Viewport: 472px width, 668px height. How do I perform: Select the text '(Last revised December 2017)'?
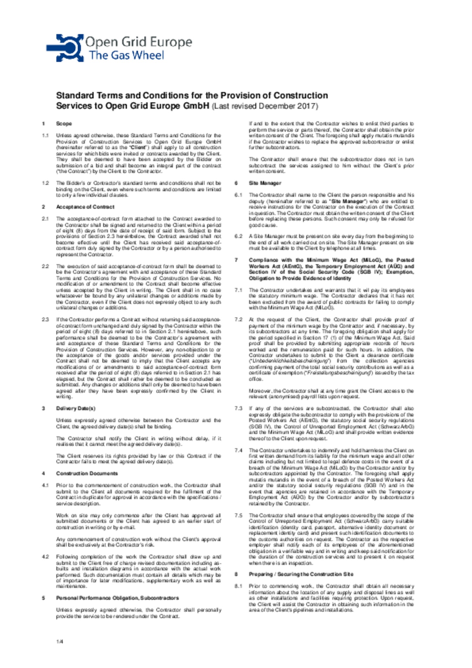coord(265,106)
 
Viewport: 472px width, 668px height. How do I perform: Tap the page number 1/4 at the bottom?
coord(59,641)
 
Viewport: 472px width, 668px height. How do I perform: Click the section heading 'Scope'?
coord(64,124)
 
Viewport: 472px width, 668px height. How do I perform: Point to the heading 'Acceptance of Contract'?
coord(85,207)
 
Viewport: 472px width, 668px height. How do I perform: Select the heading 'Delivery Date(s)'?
coord(76,408)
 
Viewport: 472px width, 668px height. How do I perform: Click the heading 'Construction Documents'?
coord(87,473)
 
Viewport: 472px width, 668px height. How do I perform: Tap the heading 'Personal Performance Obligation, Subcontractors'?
coord(117,598)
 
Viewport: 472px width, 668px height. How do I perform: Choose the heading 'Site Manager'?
coord(265,183)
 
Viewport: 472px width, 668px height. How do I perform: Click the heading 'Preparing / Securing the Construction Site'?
coord(301,574)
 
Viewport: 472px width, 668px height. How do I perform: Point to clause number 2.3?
coord(46,320)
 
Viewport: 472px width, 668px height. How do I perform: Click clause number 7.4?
coord(238,450)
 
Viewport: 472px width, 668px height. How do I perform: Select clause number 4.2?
coord(46,557)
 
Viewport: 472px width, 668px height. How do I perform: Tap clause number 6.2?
coord(238,236)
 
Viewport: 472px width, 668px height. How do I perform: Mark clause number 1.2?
coord(46,183)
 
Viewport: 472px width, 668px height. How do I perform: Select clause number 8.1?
coord(238,586)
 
